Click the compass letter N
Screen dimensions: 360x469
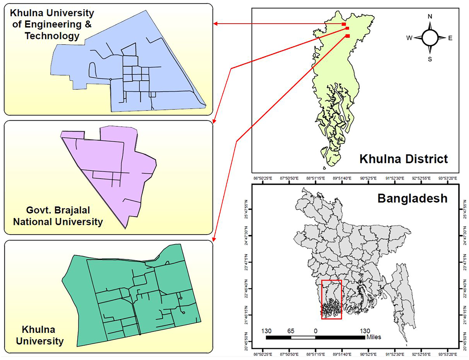click(430, 16)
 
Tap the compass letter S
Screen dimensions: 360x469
click(430, 59)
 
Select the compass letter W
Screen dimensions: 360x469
click(409, 38)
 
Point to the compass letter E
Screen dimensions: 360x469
click(450, 38)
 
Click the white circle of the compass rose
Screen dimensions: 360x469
click(430, 38)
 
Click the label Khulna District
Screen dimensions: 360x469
click(404, 159)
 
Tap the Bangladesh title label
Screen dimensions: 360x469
click(412, 199)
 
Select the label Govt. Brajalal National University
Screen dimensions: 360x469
click(58, 216)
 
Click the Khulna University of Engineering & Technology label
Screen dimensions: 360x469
click(52, 24)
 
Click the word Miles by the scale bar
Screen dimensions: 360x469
click(374, 337)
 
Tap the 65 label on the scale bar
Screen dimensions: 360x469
click(291, 331)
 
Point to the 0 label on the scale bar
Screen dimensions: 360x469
click(315, 331)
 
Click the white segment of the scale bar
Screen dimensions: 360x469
click(303, 337)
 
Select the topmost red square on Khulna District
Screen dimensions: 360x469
click(344, 24)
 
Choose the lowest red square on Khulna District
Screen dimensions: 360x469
click(348, 36)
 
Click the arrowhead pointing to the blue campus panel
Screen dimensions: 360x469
click(216, 24)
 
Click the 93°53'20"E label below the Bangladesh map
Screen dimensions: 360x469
click(448, 354)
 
